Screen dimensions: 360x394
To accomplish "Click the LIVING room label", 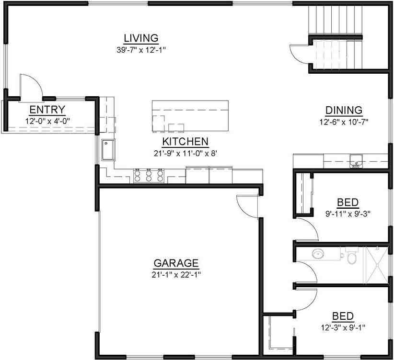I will pyautogui.click(x=141, y=38).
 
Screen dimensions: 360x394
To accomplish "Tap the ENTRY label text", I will pyautogui.click(x=47, y=110).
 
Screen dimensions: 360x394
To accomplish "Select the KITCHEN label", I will pyautogui.click(x=185, y=142).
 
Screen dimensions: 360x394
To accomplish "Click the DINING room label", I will pyautogui.click(x=344, y=111).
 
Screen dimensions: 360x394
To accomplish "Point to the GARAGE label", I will pyautogui.click(x=176, y=263).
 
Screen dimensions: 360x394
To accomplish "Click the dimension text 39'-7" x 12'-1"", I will pyautogui.click(x=141, y=49).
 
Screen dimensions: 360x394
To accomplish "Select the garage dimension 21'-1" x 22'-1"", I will pyautogui.click(x=176, y=274).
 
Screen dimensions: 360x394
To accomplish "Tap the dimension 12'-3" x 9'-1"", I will pyautogui.click(x=343, y=327).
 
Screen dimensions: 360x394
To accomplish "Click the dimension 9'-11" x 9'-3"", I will pyautogui.click(x=348, y=214).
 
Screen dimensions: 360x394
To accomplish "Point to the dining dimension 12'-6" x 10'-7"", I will pyautogui.click(x=344, y=122).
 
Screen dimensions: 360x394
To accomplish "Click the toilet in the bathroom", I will pyautogui.click(x=351, y=258).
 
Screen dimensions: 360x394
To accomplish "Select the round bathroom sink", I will pyautogui.click(x=318, y=254).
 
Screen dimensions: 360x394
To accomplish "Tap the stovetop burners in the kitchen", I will pyautogui.click(x=149, y=176).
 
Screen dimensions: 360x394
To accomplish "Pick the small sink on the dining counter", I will pyautogui.click(x=355, y=161).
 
